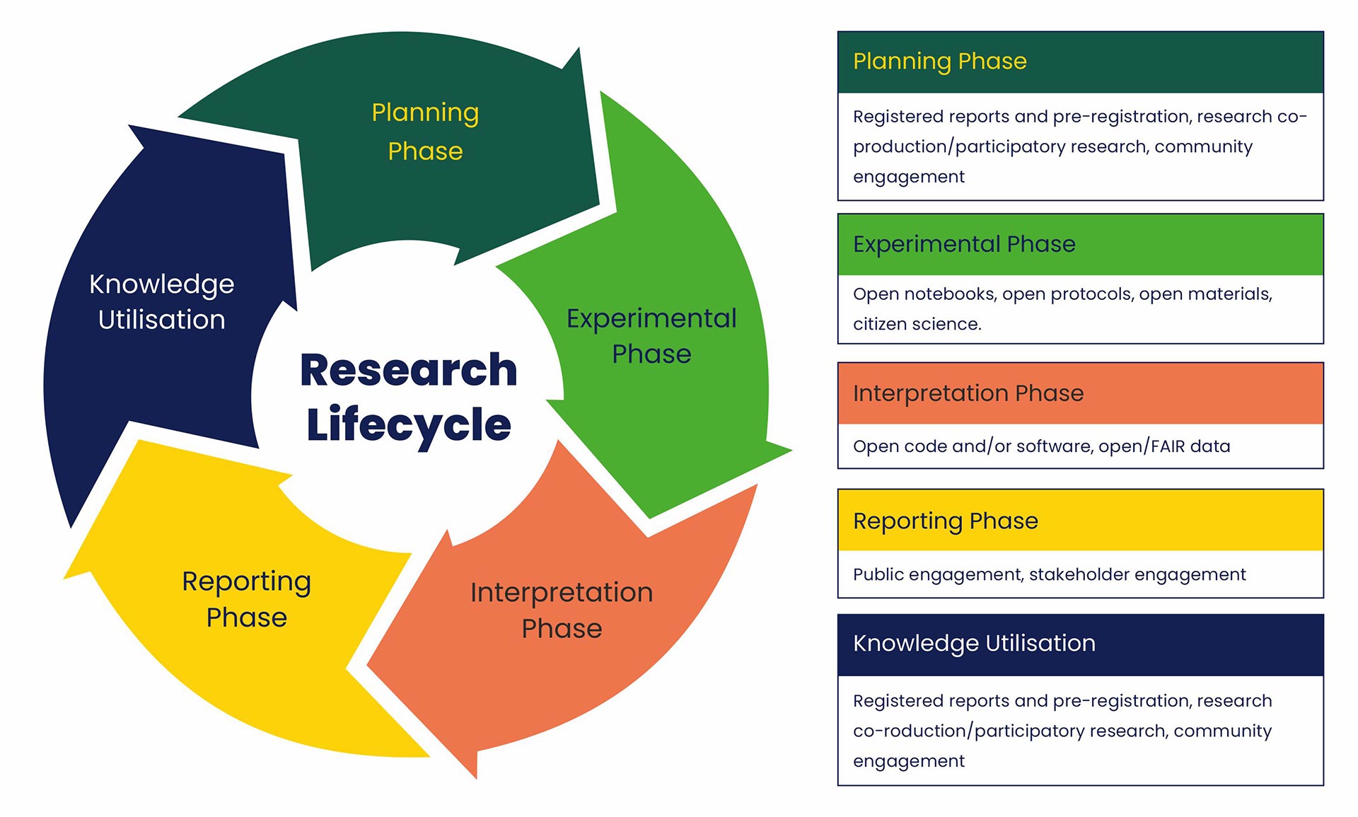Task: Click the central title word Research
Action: pyautogui.click(x=408, y=370)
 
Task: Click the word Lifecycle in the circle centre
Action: pyautogui.click(x=408, y=424)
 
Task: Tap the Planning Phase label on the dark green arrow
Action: pyautogui.click(x=425, y=132)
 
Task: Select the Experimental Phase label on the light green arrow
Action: pyautogui.click(x=651, y=336)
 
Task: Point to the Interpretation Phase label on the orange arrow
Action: pyautogui.click(x=562, y=610)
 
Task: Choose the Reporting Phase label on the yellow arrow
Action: pyautogui.click(x=246, y=599)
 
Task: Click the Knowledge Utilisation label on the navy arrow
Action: pyautogui.click(x=161, y=302)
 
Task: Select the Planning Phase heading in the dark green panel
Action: pyautogui.click(x=939, y=62)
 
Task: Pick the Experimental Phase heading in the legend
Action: pyautogui.click(x=963, y=244)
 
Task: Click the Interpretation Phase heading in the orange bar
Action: pyautogui.click(x=968, y=393)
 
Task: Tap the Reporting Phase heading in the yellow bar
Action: pyautogui.click(x=945, y=521)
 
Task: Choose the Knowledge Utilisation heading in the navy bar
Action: pyautogui.click(x=974, y=643)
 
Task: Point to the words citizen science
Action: pyautogui.click(x=917, y=324)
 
